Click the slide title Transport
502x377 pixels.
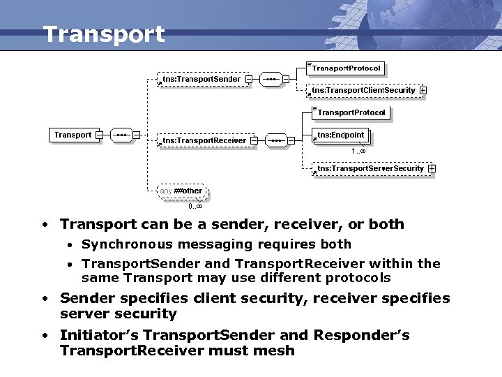point(104,34)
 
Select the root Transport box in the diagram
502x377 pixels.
point(73,135)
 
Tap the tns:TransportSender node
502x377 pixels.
point(201,80)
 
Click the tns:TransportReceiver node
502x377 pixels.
point(204,140)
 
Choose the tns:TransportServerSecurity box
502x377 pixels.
point(370,168)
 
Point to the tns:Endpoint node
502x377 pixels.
point(340,135)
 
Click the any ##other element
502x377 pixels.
point(181,191)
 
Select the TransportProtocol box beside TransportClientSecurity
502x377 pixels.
point(347,68)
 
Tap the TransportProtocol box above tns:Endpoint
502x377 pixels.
point(351,112)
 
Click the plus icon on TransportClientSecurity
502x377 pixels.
point(423,90)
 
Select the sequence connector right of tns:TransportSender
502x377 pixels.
point(270,80)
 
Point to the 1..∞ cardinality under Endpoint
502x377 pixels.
point(358,151)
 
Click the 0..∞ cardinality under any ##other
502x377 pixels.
point(195,206)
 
